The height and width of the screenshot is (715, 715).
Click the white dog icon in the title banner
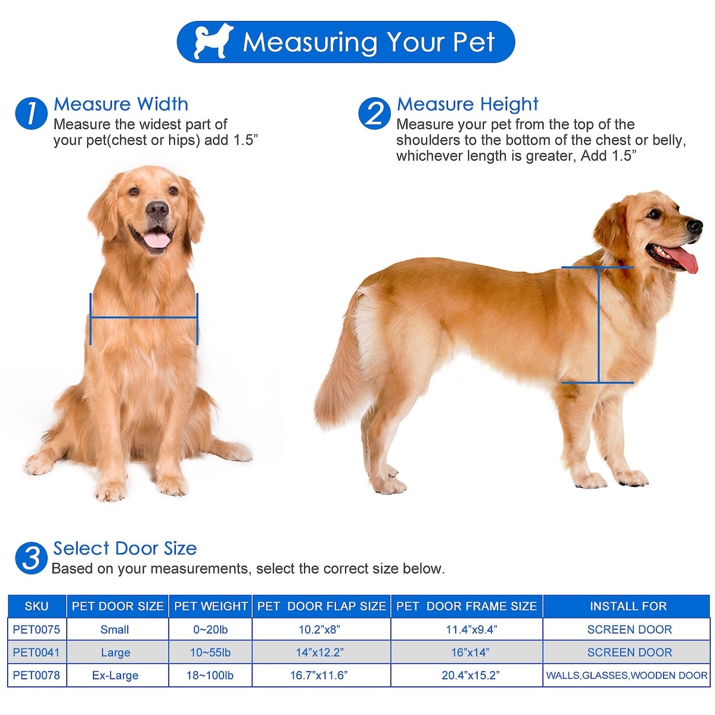(213, 41)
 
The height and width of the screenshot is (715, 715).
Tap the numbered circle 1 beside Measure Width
(31, 114)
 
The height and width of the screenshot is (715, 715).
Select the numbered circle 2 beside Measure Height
(374, 114)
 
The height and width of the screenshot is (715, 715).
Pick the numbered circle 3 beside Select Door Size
(31, 558)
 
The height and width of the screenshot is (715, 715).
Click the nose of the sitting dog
(157, 209)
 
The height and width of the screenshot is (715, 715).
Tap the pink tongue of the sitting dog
(157, 240)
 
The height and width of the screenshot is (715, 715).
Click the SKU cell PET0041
(36, 652)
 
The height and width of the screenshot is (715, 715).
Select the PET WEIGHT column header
(211, 606)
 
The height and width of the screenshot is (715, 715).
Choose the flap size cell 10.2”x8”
(319, 629)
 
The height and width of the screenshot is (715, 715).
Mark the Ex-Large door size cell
(115, 675)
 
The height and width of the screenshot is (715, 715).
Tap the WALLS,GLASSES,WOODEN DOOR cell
(627, 675)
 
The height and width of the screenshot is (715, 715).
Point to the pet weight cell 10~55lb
(210, 652)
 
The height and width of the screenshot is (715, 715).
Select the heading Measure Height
(467, 104)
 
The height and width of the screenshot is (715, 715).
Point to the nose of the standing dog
(695, 226)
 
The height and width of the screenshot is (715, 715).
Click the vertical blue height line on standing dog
(598, 325)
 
